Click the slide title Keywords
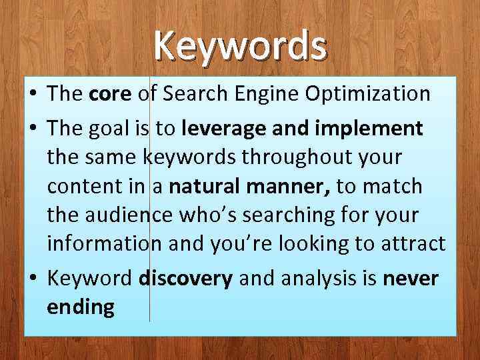point(240,45)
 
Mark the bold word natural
point(203,187)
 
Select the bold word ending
point(81,309)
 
